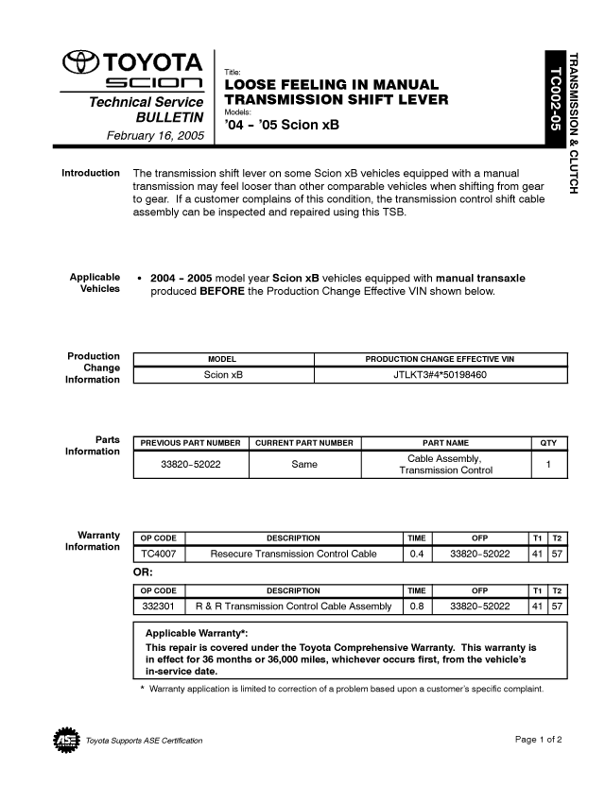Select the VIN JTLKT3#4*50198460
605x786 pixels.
pos(440,375)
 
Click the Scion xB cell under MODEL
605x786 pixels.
pos(223,375)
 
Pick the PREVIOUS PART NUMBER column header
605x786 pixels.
pos(190,443)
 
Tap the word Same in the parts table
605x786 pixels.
pos(304,464)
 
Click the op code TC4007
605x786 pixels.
pos(158,554)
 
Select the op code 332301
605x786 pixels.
pos(158,606)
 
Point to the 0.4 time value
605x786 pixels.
pos(416,554)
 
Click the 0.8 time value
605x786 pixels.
pos(416,606)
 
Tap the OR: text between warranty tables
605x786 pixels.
pos(143,572)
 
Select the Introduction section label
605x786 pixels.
pos(91,174)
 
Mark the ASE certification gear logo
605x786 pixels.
pos(65,739)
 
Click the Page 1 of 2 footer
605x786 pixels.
pos(539,739)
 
